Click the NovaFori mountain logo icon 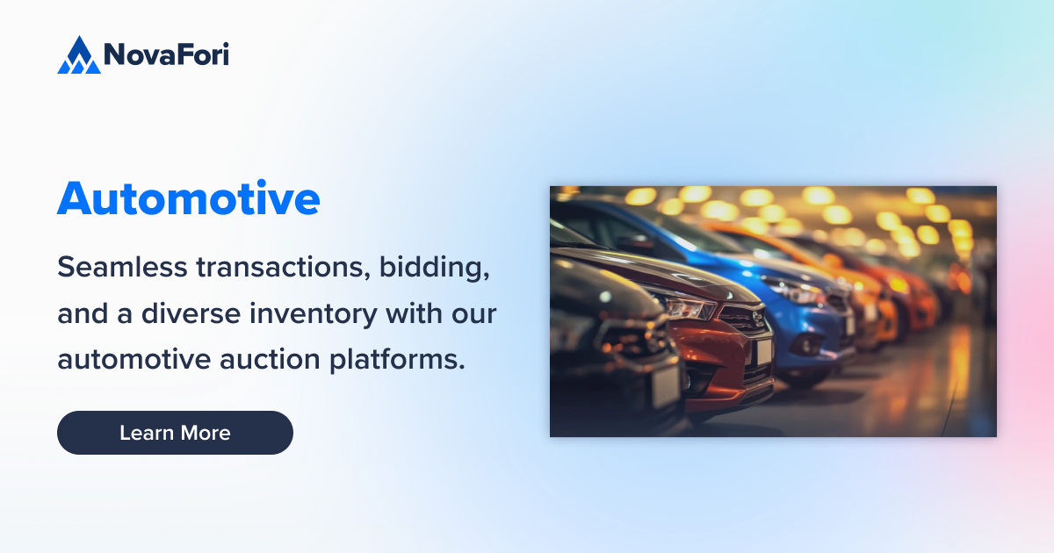coord(79,55)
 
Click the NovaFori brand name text coord(166,55)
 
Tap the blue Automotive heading coord(188,199)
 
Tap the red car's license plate coord(762,351)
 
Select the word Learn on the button coord(147,433)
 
